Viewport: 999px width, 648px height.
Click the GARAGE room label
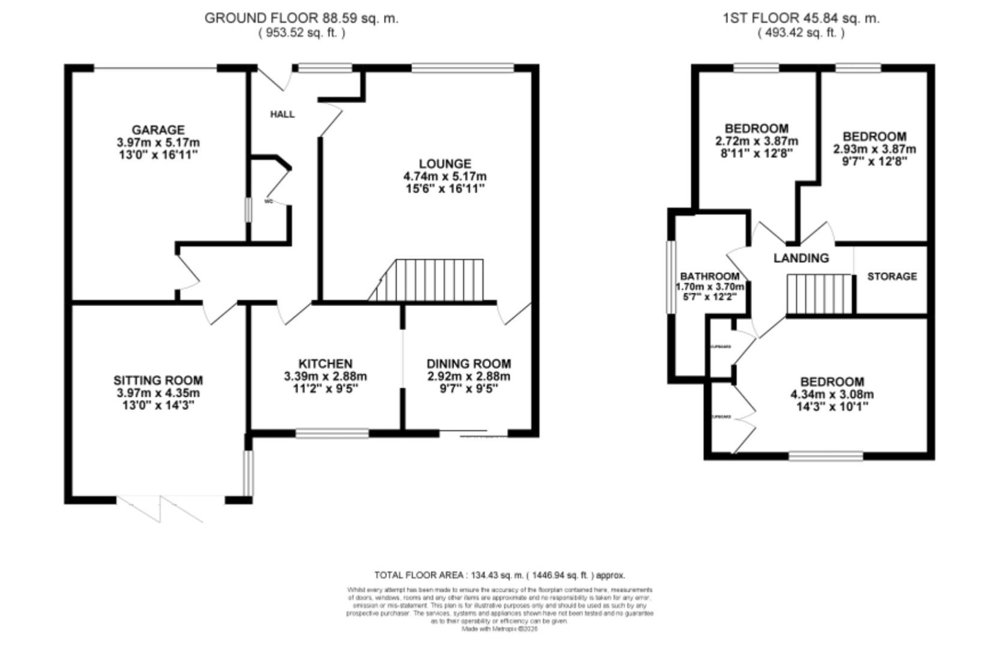(158, 130)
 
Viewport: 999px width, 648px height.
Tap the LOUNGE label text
(445, 163)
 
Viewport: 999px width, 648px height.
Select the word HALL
(282, 114)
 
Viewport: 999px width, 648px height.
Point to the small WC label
(268, 202)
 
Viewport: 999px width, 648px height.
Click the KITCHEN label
(325, 364)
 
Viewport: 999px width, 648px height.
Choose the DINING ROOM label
(469, 364)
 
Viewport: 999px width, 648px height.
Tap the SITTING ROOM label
(158, 380)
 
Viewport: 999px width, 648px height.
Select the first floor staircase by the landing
(820, 294)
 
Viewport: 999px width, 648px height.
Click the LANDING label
(801, 258)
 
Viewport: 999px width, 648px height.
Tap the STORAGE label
(892, 276)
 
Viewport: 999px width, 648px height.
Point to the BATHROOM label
(709, 276)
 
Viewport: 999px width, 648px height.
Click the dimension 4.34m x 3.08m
(832, 395)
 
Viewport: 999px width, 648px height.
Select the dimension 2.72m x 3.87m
(757, 142)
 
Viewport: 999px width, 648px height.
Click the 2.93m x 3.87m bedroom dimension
(874, 149)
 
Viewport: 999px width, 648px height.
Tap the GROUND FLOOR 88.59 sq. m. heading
(301, 18)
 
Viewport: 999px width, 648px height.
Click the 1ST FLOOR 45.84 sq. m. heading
(800, 18)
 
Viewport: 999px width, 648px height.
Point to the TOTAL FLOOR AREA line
(499, 575)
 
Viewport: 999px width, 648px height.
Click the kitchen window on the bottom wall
(332, 433)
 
